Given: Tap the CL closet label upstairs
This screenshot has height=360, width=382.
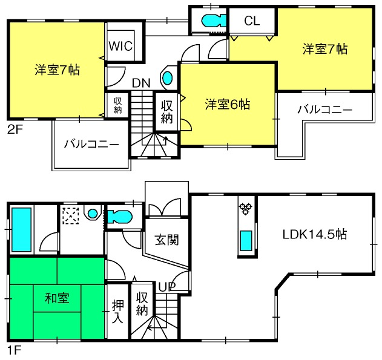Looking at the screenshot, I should (252, 21).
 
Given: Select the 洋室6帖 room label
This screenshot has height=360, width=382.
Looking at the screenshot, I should (227, 104).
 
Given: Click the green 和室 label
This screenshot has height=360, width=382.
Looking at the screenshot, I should (56, 298).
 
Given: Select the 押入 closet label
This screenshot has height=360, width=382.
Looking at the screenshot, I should (118, 312).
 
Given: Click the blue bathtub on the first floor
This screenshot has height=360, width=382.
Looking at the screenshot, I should (21, 230).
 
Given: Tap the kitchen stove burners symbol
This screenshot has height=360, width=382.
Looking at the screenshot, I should (245, 209).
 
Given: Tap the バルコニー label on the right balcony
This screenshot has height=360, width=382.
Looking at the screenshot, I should (324, 110).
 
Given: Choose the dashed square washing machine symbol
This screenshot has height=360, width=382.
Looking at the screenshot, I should (71, 215).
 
